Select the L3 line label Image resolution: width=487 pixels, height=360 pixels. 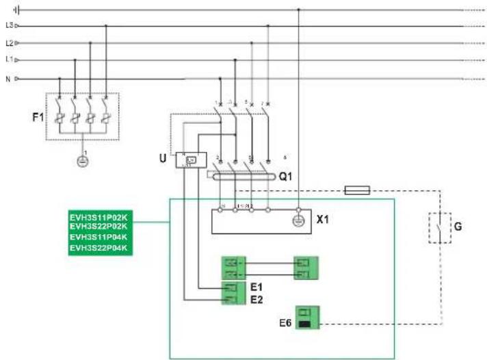pyautogui.click(x=9, y=25)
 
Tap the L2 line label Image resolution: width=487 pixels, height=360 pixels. pyautogui.click(x=9, y=42)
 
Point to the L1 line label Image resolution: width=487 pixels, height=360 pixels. pyautogui.click(x=9, y=60)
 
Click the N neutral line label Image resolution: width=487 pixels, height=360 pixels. pyautogui.click(x=8, y=78)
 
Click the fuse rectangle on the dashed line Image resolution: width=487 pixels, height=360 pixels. pyautogui.click(x=357, y=190)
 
